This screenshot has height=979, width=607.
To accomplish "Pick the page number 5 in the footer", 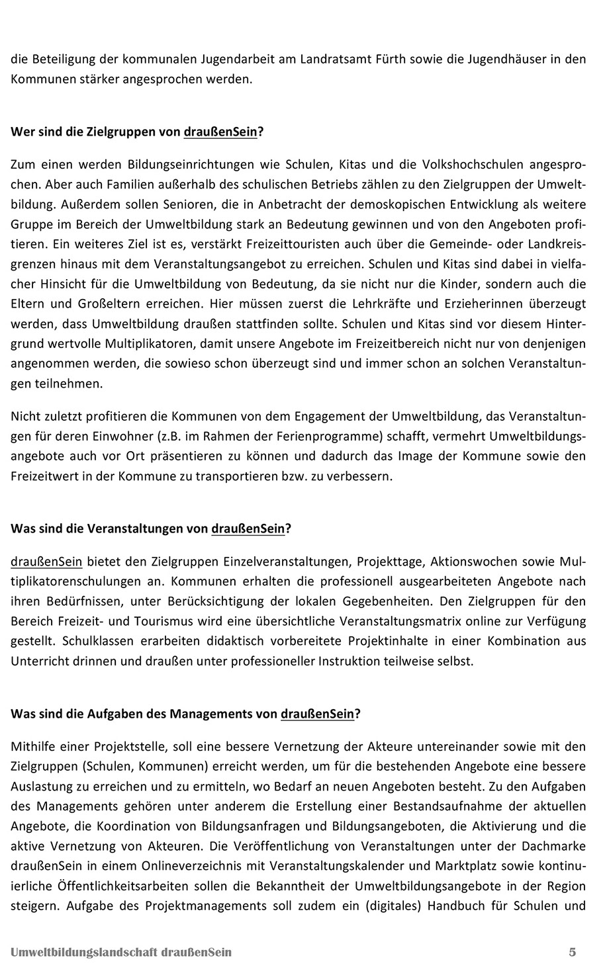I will [x=573, y=952].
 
